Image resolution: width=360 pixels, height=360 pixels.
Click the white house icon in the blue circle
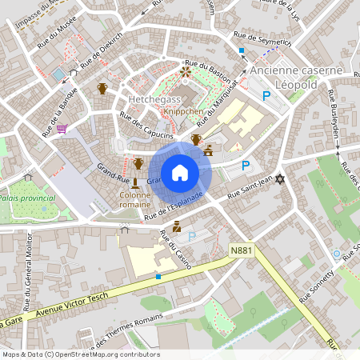pyautogui.click(x=179, y=172)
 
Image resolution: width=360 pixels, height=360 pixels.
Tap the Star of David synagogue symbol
pyautogui.click(x=279, y=178)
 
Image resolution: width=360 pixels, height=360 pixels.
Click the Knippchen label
pyautogui.click(x=182, y=113)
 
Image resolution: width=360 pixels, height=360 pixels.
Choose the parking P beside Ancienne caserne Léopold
pyautogui.click(x=266, y=95)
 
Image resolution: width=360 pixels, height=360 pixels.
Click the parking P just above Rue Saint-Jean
pyautogui.click(x=246, y=166)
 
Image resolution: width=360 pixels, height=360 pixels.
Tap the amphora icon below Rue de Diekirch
pyautogui.click(x=102, y=88)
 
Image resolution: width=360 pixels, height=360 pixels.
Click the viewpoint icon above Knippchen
pyautogui.click(x=186, y=72)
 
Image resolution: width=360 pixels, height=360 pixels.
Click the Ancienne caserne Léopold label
pyautogui.click(x=296, y=77)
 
